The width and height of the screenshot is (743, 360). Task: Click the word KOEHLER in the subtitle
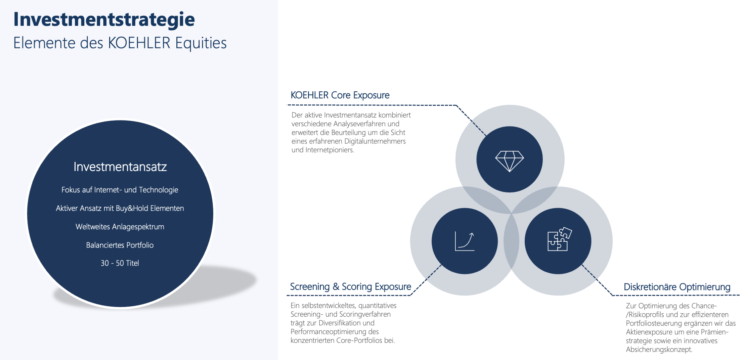[x=139, y=43]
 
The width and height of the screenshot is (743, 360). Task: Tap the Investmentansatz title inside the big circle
[x=120, y=167]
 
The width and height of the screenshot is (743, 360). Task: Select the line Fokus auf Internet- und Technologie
[x=120, y=190]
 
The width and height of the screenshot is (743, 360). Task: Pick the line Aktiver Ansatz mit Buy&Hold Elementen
[x=120, y=209]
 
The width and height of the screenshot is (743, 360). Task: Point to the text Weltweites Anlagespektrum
[x=120, y=227]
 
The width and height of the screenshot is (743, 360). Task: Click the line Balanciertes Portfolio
[x=120, y=245]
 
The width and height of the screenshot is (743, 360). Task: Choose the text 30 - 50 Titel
[x=120, y=263]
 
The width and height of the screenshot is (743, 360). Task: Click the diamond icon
[x=510, y=161]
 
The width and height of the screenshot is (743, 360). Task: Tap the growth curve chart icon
[x=465, y=241]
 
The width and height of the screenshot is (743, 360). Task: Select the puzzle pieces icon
[x=559, y=239]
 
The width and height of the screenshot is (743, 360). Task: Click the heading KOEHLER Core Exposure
[x=340, y=95]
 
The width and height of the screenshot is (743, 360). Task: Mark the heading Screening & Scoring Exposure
[x=350, y=287]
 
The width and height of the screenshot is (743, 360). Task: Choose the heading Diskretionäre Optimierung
[x=677, y=287]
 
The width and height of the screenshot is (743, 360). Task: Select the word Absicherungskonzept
[x=659, y=350]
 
